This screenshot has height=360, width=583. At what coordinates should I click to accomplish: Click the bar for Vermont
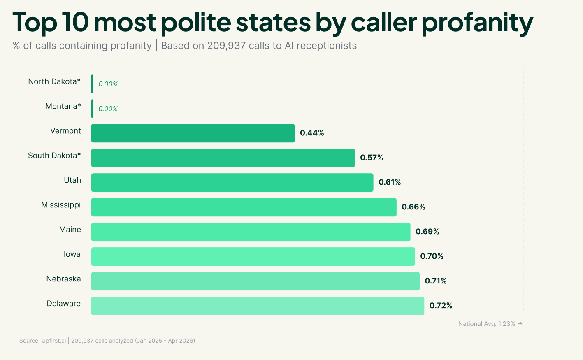(x=193, y=133)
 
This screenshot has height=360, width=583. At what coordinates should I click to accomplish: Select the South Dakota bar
(x=223, y=158)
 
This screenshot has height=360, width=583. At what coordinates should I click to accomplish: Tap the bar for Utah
(x=232, y=183)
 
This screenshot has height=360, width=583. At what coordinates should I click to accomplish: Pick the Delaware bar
(x=258, y=306)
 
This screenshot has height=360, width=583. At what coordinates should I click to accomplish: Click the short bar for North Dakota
(x=92, y=84)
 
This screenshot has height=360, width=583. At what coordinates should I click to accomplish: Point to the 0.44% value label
(x=312, y=133)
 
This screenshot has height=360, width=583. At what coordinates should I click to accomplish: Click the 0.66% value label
(x=413, y=207)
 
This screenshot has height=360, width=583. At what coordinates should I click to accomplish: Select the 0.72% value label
(x=441, y=306)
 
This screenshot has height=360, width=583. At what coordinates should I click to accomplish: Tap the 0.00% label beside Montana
(x=108, y=109)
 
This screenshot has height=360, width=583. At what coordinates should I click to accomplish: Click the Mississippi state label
(x=61, y=205)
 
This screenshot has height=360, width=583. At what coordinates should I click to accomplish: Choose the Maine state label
(x=70, y=230)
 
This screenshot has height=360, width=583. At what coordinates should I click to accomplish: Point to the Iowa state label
(x=72, y=254)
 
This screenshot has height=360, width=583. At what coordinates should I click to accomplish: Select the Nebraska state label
(x=63, y=279)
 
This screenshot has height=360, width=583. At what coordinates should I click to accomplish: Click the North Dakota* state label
(x=54, y=81)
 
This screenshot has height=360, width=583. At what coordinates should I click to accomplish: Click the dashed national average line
(x=523, y=189)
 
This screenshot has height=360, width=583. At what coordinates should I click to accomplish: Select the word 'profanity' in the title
(x=477, y=22)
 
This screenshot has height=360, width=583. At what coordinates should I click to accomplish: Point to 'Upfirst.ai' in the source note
(x=53, y=341)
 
